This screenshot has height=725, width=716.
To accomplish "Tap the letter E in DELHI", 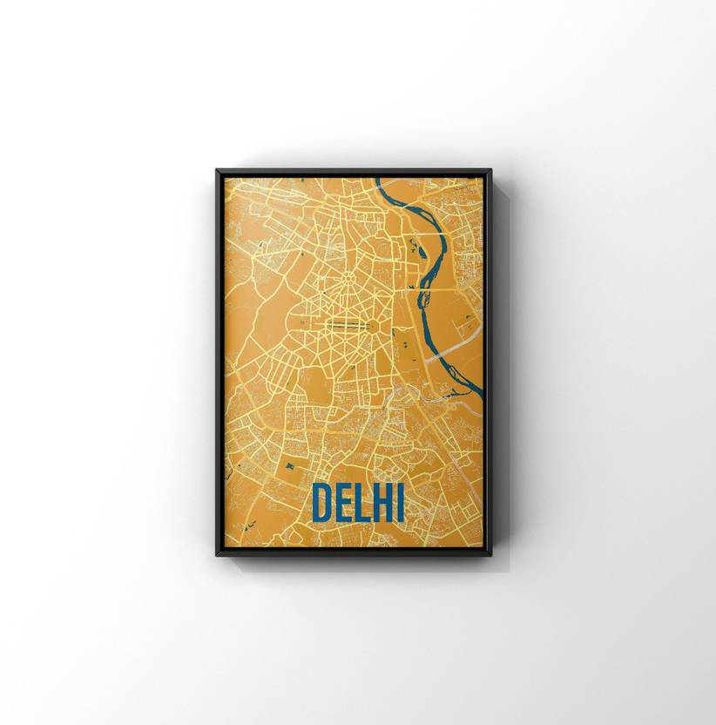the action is [344, 502].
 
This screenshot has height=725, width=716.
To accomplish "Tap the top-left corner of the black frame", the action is [218, 172].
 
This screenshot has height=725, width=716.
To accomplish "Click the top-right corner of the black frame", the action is [490, 172].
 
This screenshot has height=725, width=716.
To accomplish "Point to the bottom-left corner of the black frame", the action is [218, 554].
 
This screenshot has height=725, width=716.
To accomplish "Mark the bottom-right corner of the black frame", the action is [490, 554].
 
